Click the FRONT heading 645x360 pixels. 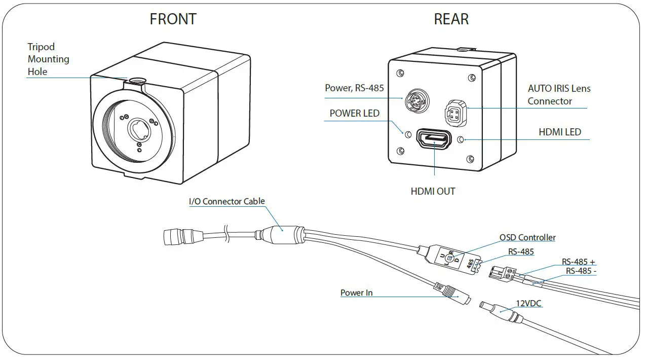coord(173,19)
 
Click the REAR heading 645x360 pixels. coord(451,19)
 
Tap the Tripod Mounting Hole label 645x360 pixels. coord(48,59)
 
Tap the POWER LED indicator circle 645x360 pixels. coord(407,134)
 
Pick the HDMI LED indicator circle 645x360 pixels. coord(461,139)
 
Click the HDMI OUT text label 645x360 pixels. coord(433,192)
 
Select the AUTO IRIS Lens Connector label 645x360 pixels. coord(559,95)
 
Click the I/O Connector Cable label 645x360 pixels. coord(226,201)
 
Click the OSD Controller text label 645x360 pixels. coord(527,237)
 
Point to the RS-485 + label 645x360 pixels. coord(578,262)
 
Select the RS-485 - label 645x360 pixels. coord(581,271)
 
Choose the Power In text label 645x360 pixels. coord(356,293)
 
